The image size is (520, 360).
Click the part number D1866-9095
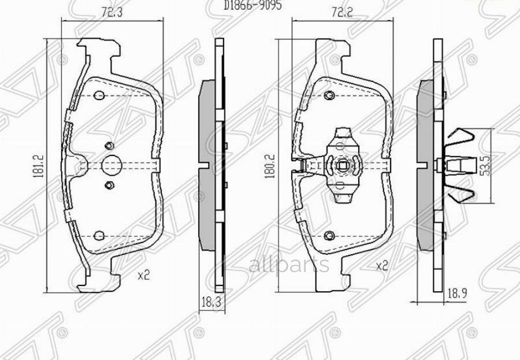(254, 4)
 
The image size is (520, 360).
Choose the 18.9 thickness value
(455, 294)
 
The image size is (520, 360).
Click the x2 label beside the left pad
(143, 275)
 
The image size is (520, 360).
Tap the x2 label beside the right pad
(381, 266)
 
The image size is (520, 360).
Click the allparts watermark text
(289, 265)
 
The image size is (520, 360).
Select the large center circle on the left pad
(110, 165)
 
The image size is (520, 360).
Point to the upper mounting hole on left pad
(99, 95)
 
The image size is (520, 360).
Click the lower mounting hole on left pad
(99, 236)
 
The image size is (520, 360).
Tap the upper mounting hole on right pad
(329, 95)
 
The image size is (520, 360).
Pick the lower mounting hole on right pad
(329, 235)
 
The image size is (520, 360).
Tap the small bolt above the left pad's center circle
(110, 146)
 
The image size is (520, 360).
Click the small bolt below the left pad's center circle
(110, 185)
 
